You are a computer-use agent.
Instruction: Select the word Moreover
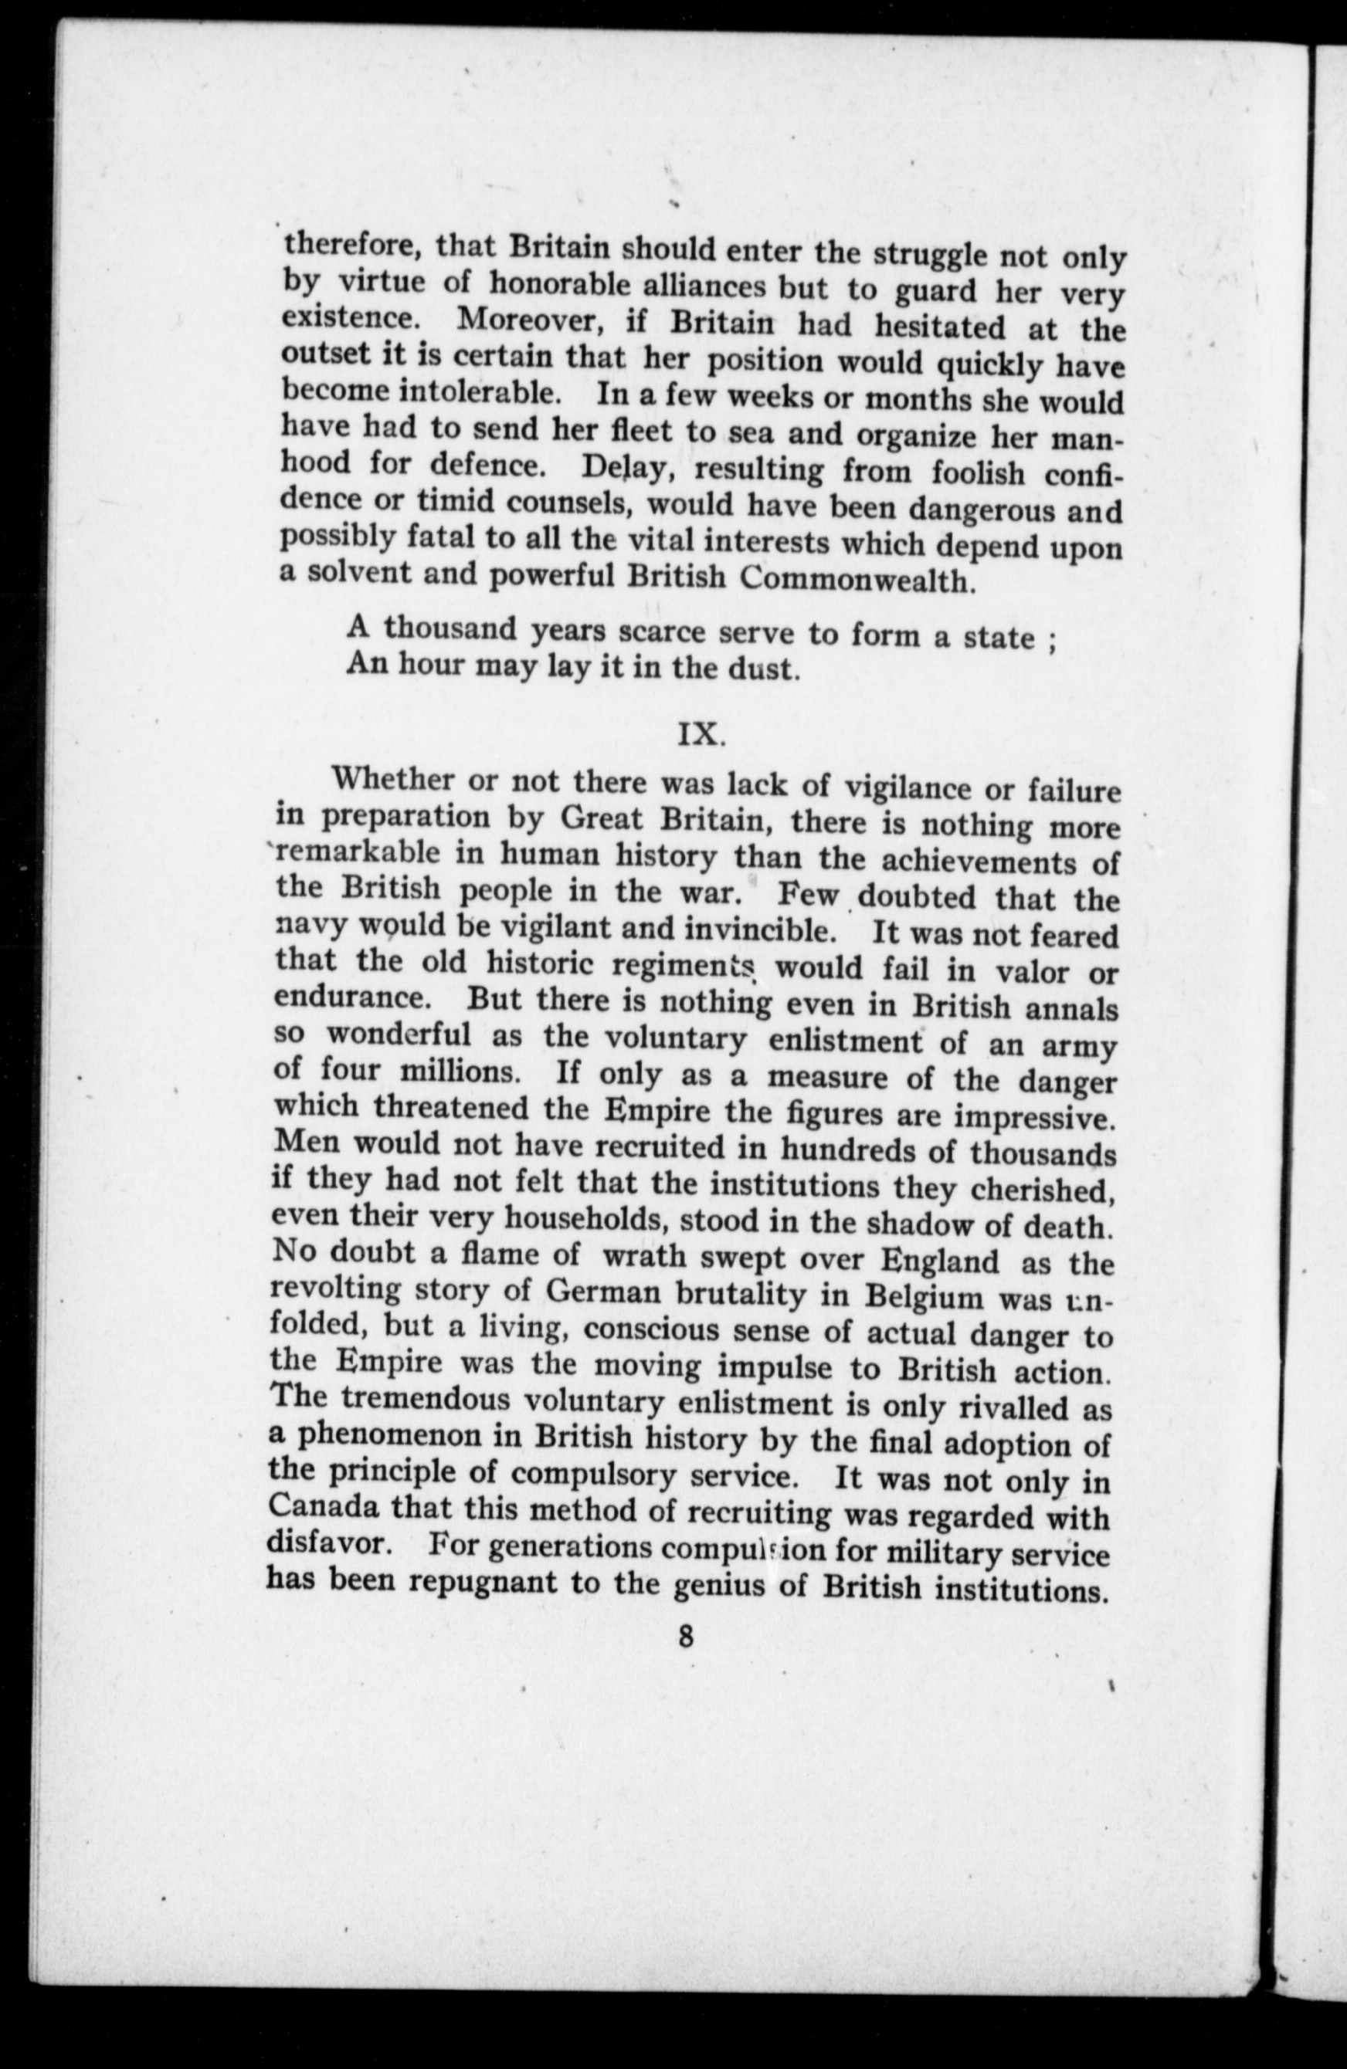pyautogui.click(x=531, y=322)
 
